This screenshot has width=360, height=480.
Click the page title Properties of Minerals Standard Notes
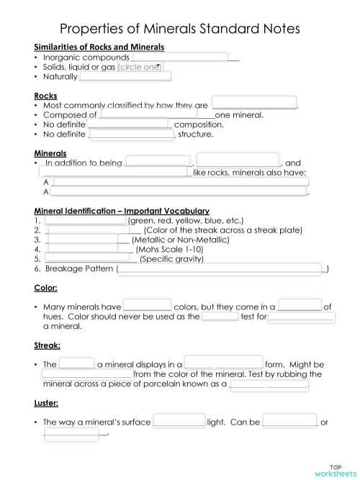179,30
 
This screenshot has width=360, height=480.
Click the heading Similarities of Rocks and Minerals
99,47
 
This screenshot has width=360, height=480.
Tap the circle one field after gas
140,67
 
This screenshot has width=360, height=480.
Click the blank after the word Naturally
125,76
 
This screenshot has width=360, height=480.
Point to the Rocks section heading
45,95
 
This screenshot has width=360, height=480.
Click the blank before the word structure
131,133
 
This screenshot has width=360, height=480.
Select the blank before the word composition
127,124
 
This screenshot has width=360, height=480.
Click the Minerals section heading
50,153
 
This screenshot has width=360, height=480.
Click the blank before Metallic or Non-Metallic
81,239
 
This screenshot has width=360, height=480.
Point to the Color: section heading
45,288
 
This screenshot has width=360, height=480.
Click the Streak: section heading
48,345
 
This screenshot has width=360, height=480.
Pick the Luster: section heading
46,403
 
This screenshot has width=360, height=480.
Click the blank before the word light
179,422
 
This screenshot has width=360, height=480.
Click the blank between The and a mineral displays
77,364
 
